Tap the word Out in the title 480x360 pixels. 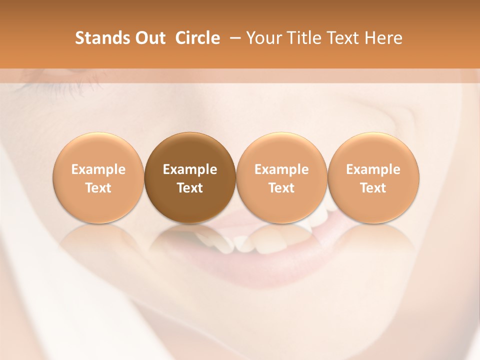click(149, 38)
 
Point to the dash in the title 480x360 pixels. click(233, 38)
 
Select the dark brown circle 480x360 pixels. click(190, 177)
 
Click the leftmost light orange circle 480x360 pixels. click(98, 177)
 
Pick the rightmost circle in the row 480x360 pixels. click(373, 177)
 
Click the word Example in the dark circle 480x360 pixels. click(190, 169)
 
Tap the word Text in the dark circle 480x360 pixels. click(190, 188)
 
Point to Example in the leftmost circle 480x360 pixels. click(98, 169)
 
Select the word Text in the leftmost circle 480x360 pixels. click(98, 188)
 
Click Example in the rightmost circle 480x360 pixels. click(373, 169)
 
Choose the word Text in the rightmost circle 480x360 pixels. click(373, 188)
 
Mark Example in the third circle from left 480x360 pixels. click(281, 169)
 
